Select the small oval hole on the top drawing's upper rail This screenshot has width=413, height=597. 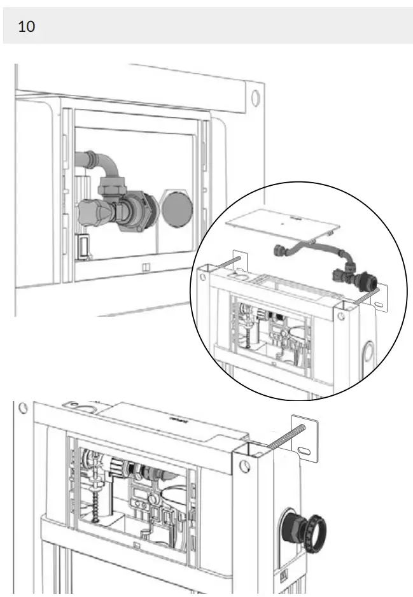pos(255,97)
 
